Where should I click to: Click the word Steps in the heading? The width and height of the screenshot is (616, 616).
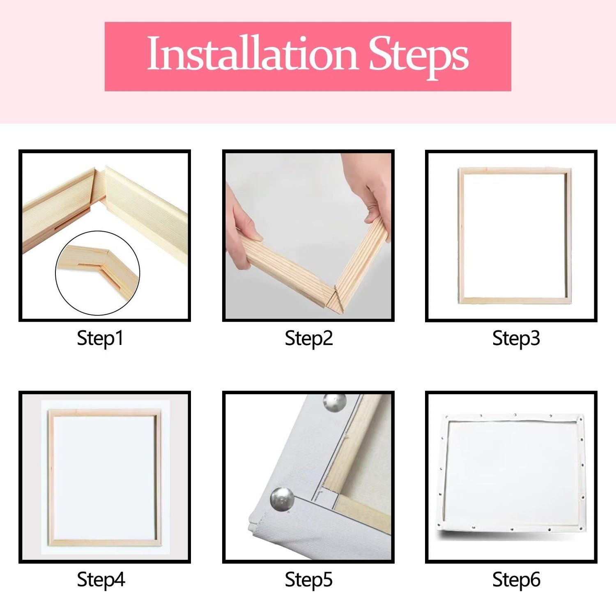418,57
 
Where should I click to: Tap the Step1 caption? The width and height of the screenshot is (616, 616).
100,339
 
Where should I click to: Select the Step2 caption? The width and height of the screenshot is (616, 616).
309,339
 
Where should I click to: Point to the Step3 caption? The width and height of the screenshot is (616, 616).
516,339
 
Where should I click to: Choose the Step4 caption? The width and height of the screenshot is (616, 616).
101,580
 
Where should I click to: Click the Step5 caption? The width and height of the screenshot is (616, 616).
309,580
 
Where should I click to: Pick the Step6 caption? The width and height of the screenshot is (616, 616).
516,580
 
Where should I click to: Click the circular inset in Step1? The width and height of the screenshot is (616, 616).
98,273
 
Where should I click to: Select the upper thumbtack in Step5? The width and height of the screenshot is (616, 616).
335,402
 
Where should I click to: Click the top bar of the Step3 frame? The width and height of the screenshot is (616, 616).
515,171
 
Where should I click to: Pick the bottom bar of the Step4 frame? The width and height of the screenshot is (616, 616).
105,543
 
